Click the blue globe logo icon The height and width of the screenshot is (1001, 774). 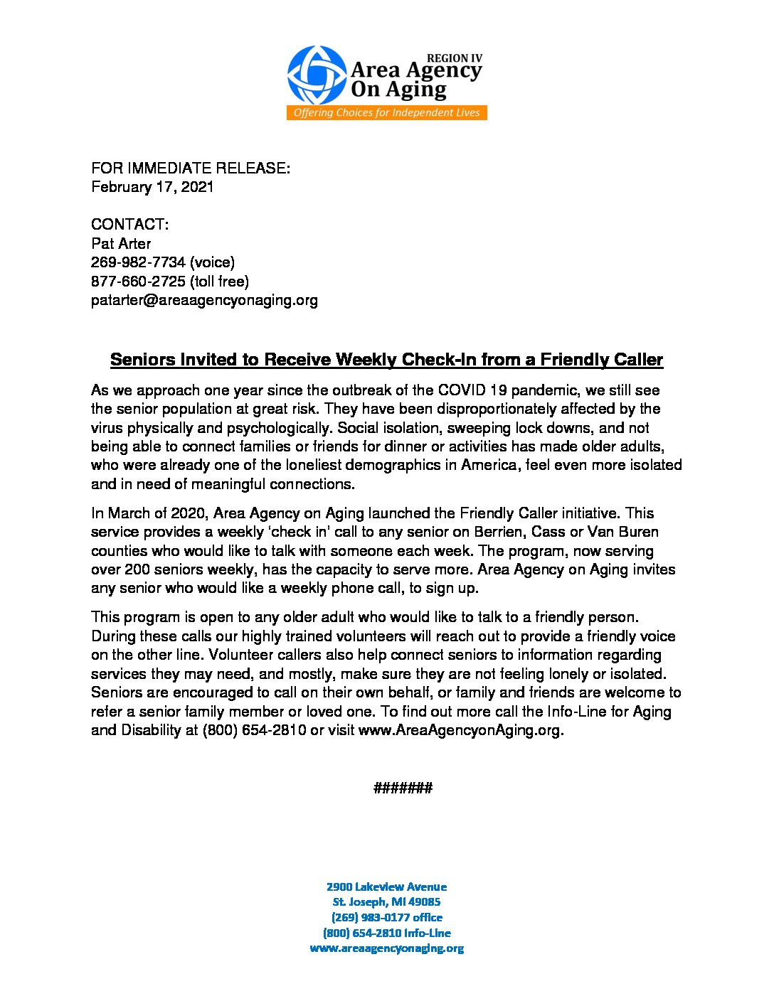pos(317,75)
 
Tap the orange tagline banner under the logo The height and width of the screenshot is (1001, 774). pos(386,113)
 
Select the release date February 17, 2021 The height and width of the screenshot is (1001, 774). pos(152,187)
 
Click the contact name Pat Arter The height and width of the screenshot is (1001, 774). pos(121,243)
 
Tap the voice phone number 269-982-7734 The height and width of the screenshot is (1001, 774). pos(138,262)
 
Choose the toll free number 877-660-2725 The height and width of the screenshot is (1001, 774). pos(138,281)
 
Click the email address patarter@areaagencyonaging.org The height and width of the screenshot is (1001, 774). pos(204,300)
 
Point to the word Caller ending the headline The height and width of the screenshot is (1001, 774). pos(637,360)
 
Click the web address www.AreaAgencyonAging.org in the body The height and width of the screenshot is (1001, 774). pos(460,730)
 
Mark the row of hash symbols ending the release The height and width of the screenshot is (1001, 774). pos(403,788)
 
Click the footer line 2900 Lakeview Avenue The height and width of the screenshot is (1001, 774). pos(386,887)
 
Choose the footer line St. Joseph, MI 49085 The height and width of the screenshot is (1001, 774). pos(386,902)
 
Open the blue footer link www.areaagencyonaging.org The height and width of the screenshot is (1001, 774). pos(386,948)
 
